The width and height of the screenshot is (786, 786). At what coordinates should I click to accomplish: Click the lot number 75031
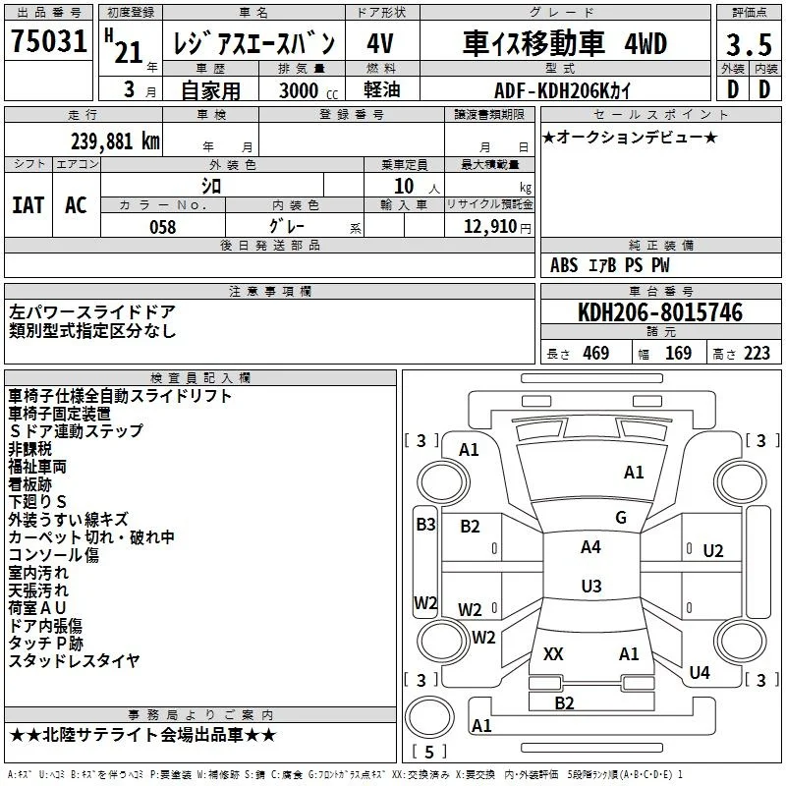pyautogui.click(x=49, y=41)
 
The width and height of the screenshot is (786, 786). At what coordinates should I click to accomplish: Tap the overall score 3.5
pyautogui.click(x=749, y=44)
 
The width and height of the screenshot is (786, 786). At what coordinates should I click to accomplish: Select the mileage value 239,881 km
pyautogui.click(x=115, y=141)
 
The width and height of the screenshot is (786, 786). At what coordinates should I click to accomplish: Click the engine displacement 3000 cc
pyautogui.click(x=309, y=90)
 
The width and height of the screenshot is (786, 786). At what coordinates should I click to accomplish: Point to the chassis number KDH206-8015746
pyautogui.click(x=660, y=311)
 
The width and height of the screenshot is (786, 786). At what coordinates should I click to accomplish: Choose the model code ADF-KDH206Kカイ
pyautogui.click(x=562, y=90)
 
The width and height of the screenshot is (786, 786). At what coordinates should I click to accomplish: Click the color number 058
pyautogui.click(x=163, y=227)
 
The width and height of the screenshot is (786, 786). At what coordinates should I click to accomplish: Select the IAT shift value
pyautogui.click(x=28, y=205)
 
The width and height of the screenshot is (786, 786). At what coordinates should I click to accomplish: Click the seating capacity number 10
pyautogui.click(x=404, y=186)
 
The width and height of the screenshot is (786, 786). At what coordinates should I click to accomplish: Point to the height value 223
pyautogui.click(x=757, y=353)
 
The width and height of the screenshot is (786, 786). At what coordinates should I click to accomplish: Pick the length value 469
pyautogui.click(x=596, y=353)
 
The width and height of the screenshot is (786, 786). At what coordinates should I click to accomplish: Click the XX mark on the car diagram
pyautogui.click(x=553, y=653)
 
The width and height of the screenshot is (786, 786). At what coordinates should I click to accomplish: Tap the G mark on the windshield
pyautogui.click(x=621, y=518)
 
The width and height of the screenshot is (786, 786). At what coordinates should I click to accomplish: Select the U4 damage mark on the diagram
pyautogui.click(x=700, y=672)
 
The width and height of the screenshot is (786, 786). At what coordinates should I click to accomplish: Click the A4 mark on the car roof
pyautogui.click(x=590, y=547)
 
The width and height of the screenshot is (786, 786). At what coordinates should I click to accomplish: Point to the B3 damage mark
pyautogui.click(x=425, y=525)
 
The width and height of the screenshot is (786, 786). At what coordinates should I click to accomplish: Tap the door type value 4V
pyautogui.click(x=380, y=43)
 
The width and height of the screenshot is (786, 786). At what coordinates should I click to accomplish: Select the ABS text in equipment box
pyautogui.click(x=564, y=265)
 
